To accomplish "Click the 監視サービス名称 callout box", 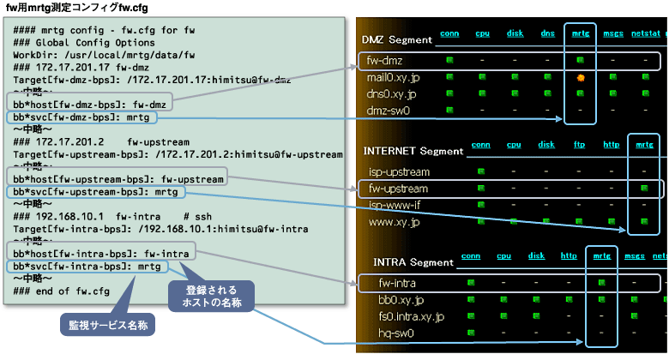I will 106,325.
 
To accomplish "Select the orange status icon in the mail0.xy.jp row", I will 580,78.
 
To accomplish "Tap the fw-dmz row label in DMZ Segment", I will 384,62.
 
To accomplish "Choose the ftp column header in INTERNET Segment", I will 579,145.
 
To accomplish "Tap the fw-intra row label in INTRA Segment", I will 393,282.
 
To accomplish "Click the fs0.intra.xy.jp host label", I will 411,316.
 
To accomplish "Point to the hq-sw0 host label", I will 394,333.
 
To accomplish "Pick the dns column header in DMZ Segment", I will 548,34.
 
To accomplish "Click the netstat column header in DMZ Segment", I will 644,34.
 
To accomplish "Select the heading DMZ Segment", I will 396,39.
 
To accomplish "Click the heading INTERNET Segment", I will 413,151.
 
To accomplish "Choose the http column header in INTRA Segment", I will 568,255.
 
